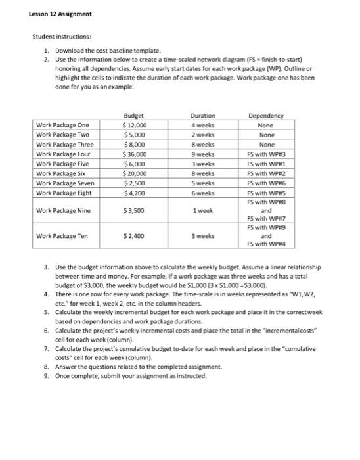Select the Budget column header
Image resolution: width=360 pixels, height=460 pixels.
coord(135,115)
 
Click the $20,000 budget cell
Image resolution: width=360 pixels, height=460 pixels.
coord(135,174)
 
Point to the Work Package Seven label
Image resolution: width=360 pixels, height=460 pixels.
coord(65,184)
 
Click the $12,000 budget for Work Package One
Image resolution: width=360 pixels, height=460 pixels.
coord(135,125)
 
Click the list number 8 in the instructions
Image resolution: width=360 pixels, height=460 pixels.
coord(45,367)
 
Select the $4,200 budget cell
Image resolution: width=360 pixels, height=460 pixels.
coord(135,194)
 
